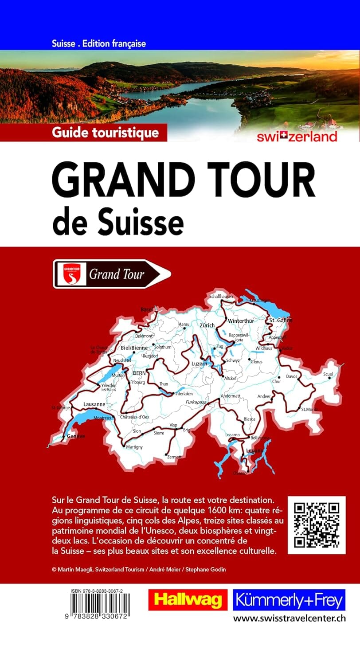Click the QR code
click(x=317, y=525)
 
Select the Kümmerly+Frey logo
click(x=289, y=600)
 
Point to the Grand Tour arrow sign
click(x=112, y=274)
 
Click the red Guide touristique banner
click(x=105, y=132)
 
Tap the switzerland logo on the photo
click(x=297, y=136)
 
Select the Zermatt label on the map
click(x=174, y=457)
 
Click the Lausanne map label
click(x=94, y=404)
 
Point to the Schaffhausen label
click(x=221, y=296)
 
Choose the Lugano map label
click(x=255, y=450)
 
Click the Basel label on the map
click(x=146, y=309)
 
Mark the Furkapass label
click(x=196, y=402)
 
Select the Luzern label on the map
click(x=199, y=364)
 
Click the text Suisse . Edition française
click(x=99, y=43)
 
